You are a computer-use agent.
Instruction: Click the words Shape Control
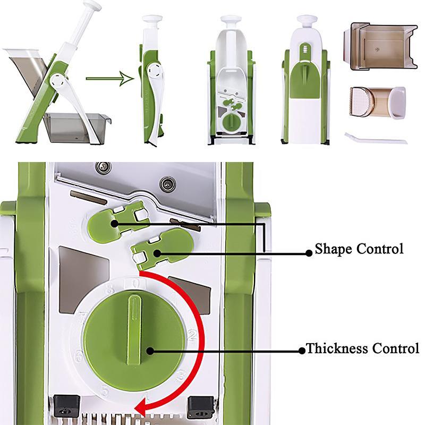pos(359,249)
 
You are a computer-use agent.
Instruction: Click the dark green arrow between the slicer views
pos(108,80)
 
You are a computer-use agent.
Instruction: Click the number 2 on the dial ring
pos(192,335)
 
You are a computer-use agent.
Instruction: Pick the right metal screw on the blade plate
pos(169,184)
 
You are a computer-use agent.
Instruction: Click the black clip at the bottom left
pos(65,406)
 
